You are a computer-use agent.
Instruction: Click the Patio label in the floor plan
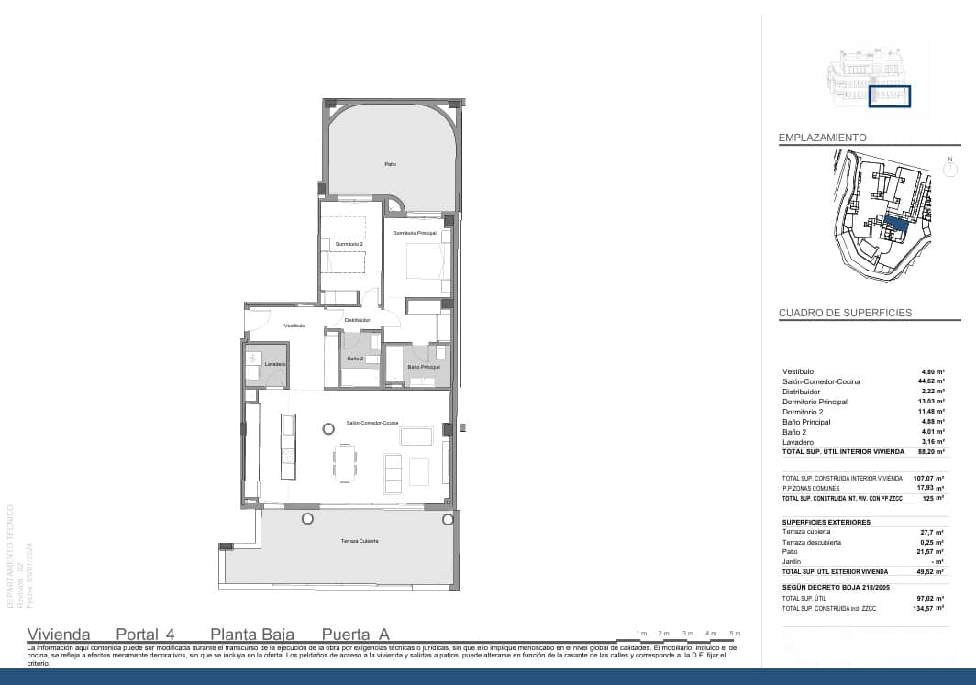(x=390, y=164)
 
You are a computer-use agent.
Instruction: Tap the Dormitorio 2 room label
(x=349, y=245)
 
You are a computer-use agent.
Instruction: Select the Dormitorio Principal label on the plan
(x=415, y=234)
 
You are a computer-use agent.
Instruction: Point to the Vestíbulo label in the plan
(x=294, y=326)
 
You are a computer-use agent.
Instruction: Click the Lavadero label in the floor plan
(x=275, y=364)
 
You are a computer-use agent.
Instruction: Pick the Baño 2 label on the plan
(x=355, y=359)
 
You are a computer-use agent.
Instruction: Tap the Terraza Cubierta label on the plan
(x=357, y=541)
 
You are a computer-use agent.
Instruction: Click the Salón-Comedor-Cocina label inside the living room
(x=372, y=423)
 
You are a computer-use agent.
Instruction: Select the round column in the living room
(x=327, y=427)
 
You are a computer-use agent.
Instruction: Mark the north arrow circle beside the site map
(x=950, y=169)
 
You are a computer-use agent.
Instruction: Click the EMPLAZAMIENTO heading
(x=822, y=138)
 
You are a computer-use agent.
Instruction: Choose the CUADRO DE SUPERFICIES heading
(x=845, y=313)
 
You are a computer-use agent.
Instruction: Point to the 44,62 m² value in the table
(x=932, y=381)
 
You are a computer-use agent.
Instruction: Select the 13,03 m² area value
(x=932, y=402)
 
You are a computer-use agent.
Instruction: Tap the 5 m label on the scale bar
(x=734, y=634)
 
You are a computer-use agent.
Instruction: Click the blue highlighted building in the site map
(x=898, y=224)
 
